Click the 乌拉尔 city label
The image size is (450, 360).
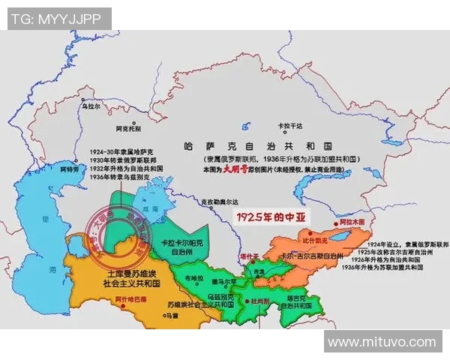point(90,108)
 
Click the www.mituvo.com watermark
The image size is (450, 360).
point(382,342)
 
